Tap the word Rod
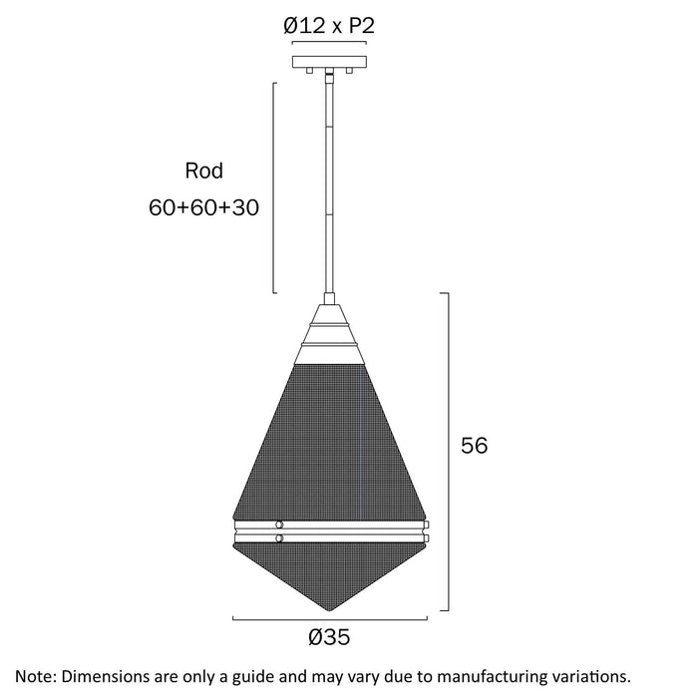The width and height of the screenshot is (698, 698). (204, 171)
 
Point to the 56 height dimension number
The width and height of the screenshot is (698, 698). (474, 446)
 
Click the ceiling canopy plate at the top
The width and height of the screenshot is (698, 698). (329, 62)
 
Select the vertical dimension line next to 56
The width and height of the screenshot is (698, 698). (451, 452)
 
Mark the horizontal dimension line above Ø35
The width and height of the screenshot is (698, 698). (329, 619)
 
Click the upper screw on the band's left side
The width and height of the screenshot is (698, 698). (280, 523)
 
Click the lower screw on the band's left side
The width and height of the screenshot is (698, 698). (280, 539)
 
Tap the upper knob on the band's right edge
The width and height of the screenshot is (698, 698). (427, 523)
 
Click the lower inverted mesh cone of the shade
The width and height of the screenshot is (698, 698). (330, 573)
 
